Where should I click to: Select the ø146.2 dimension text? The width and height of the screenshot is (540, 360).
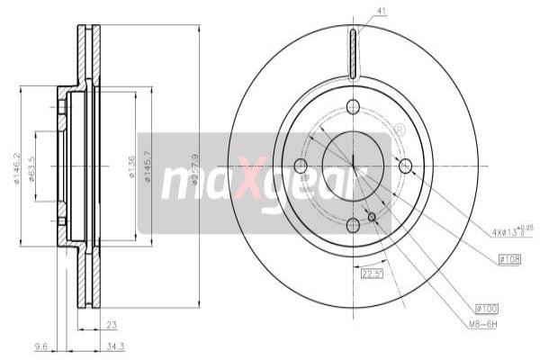click(x=17, y=166)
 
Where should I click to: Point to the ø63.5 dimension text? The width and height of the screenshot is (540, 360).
click(x=31, y=167)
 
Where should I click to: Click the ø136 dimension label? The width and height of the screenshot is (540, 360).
click(x=132, y=166)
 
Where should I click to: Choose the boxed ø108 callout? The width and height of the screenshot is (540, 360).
click(x=510, y=260)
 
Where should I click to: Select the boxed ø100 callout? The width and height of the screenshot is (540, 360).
click(x=510, y=308)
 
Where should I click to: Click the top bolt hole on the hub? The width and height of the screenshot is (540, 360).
click(x=353, y=106)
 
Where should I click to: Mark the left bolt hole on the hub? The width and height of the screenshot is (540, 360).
click(x=301, y=166)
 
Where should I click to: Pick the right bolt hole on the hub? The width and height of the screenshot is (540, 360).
click(x=405, y=166)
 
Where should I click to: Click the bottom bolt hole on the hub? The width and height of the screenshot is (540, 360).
click(x=353, y=224)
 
